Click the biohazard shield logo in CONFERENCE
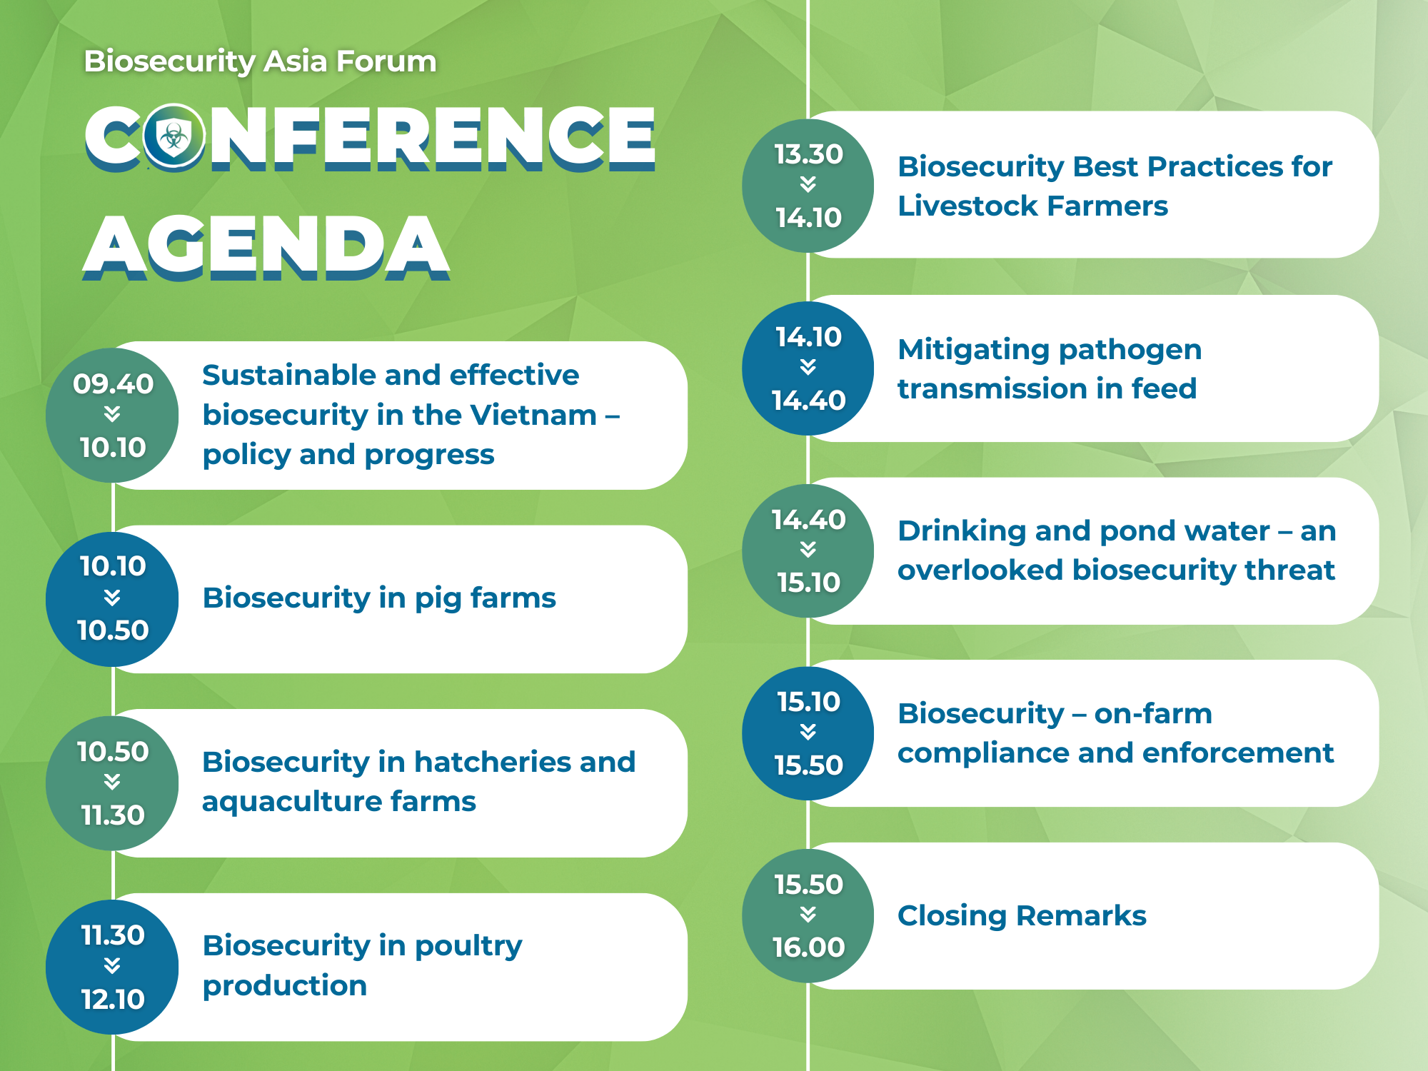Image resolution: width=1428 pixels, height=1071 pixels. [x=174, y=136]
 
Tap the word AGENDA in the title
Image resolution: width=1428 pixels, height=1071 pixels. [x=266, y=247]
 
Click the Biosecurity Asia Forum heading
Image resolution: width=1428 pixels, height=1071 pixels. [x=260, y=61]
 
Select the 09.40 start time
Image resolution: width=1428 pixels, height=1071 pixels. [x=113, y=384]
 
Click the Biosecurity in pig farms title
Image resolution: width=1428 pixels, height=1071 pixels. [x=379, y=598]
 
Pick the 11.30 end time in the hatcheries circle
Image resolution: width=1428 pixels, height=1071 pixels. [x=113, y=815]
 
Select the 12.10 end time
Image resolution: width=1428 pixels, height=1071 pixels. [x=113, y=999]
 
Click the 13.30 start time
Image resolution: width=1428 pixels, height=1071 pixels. [x=809, y=154]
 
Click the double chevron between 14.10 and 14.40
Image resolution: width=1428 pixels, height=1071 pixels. [x=808, y=367]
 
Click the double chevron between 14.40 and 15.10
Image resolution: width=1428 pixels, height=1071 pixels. [x=808, y=549]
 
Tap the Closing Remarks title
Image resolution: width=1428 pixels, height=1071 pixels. [x=1022, y=916]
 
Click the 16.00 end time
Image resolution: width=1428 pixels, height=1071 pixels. [x=809, y=947]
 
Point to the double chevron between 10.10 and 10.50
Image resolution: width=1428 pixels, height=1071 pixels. [x=112, y=598]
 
